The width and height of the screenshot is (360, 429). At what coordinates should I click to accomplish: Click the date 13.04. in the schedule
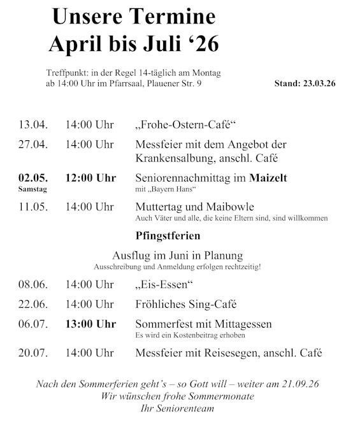click(x=33, y=125)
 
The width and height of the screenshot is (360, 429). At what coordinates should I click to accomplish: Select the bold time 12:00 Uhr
click(x=90, y=178)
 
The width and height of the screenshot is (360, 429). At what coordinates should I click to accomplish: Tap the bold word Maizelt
click(x=268, y=178)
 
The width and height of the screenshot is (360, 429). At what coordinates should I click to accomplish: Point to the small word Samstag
click(x=32, y=189)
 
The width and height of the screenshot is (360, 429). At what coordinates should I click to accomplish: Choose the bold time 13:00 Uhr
click(x=90, y=324)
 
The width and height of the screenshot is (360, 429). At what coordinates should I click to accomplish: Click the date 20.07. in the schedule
click(x=33, y=353)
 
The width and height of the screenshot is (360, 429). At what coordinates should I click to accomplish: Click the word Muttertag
click(x=159, y=207)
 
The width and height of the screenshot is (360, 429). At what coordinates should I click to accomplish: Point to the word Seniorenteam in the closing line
click(x=186, y=408)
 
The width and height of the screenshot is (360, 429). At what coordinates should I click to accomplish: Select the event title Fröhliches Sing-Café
click(x=186, y=305)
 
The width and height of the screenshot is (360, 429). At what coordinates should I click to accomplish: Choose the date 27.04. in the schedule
click(x=33, y=144)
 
